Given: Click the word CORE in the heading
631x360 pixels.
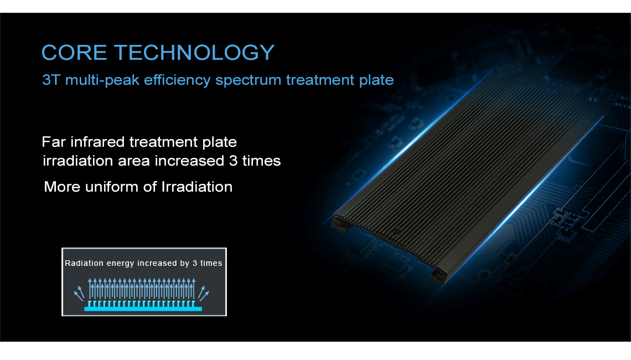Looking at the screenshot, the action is coord(75,53).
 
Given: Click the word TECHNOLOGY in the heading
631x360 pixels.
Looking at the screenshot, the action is coord(194,53).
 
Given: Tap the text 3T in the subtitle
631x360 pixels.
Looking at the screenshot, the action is coord(51,80).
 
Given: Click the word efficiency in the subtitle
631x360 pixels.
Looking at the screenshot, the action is coord(177,80).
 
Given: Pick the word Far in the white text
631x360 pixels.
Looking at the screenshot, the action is coord(54,142).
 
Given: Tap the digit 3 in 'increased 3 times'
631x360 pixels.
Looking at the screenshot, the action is coord(234,161).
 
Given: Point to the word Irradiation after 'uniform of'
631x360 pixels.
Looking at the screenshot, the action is coord(197,187).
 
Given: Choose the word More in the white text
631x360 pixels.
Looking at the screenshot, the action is coord(62,187).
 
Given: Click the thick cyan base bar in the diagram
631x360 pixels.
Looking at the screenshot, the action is coord(143,309).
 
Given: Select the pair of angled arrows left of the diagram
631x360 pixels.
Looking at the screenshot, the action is coord(79,294).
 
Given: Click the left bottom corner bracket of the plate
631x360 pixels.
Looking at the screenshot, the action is coord(340,224).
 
